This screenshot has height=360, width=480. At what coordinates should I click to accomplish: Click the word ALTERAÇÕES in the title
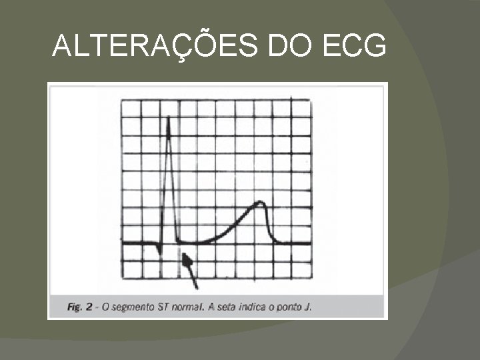157,47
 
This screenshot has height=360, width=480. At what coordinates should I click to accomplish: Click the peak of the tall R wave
169,119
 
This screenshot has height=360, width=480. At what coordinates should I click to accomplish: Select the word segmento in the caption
137,307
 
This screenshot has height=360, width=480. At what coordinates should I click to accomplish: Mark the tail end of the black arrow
197,287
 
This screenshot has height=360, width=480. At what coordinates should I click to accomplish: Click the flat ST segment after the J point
193,242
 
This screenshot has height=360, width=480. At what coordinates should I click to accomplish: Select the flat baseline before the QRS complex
137,243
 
